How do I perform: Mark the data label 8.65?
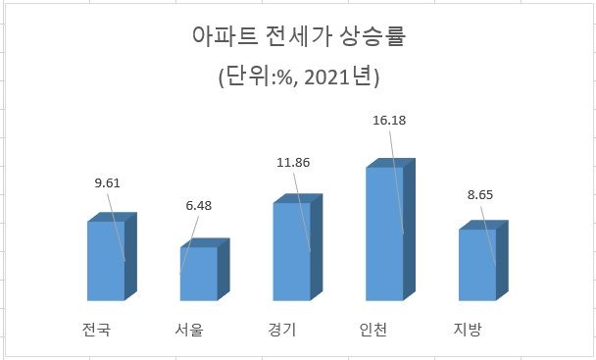(480, 194)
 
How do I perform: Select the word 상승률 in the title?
(370, 38)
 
